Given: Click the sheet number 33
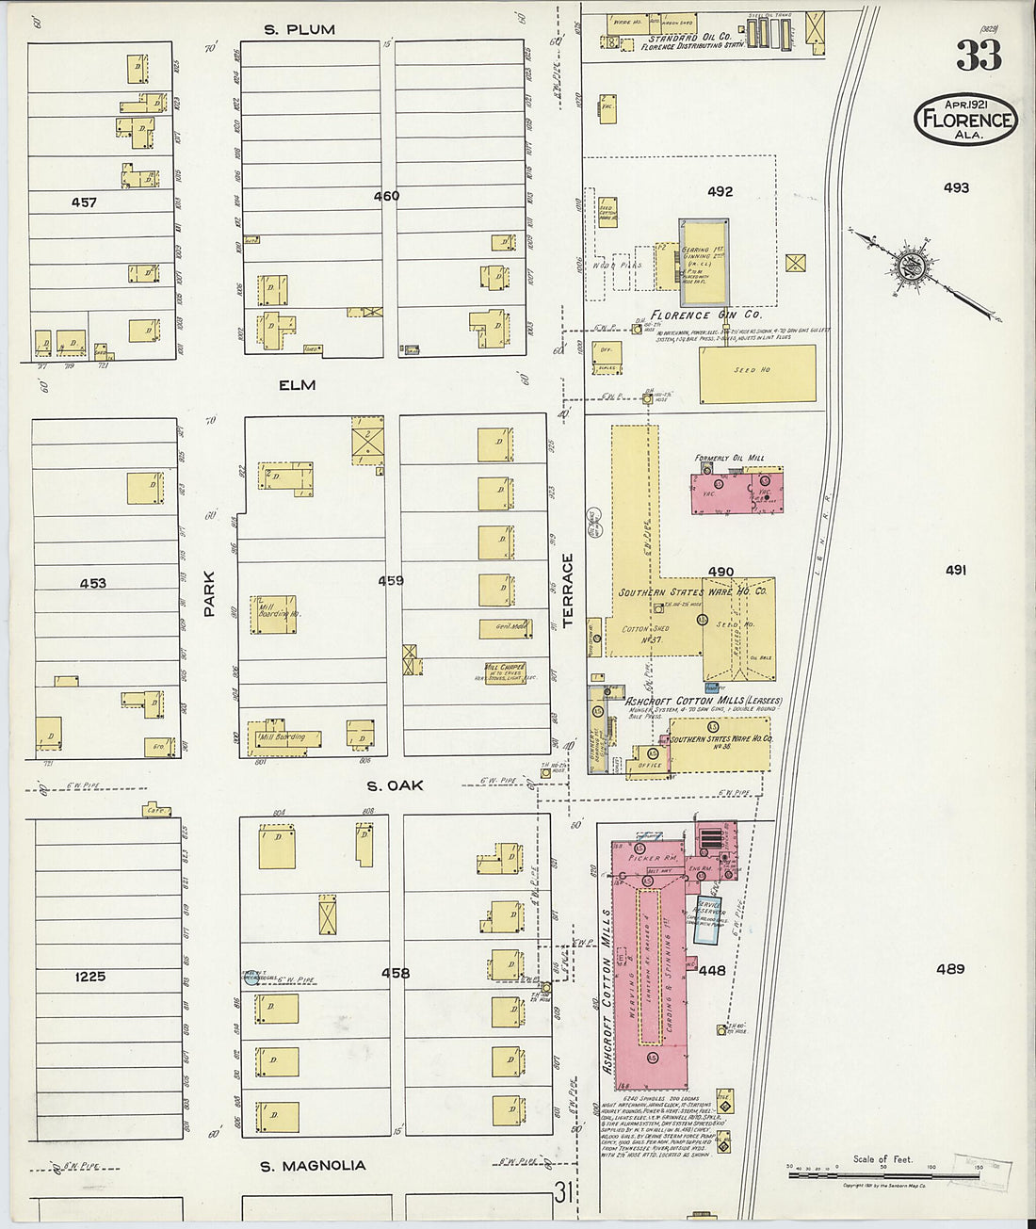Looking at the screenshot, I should click(x=979, y=55).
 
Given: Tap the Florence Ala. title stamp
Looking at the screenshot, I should click(x=965, y=120).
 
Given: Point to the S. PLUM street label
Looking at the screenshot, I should click(x=299, y=29).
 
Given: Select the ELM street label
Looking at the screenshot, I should click(x=297, y=385).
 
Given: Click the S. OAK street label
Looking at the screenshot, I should click(x=395, y=785).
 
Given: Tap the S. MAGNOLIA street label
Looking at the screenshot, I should click(x=313, y=1166).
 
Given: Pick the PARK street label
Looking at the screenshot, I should click(x=209, y=594).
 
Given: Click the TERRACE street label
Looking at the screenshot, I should click(x=568, y=590).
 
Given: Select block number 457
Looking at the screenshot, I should click(x=84, y=202).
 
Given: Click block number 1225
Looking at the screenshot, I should click(x=90, y=977).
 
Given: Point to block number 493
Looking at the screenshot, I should click(x=956, y=188).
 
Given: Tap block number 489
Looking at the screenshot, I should click(x=950, y=969).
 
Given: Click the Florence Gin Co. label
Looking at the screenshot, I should click(x=706, y=315).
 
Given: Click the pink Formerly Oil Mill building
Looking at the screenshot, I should click(x=737, y=490).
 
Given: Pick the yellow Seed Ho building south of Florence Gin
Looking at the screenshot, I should click(x=757, y=374).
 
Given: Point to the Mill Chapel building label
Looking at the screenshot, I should click(x=505, y=671).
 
